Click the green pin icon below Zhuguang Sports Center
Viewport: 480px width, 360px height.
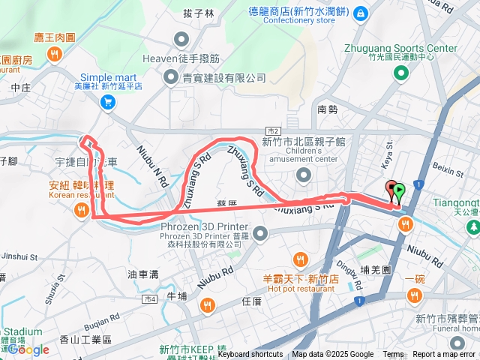400,73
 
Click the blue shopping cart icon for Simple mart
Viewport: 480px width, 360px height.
108,102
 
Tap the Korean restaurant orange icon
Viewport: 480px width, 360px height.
81,212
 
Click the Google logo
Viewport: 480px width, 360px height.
28,349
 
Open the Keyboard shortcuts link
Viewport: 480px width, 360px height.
250,355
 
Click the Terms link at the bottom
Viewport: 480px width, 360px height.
393,355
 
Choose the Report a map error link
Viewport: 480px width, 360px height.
444,355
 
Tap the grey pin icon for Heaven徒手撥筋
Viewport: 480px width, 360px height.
181,39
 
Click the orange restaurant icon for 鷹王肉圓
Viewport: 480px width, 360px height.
55,53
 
